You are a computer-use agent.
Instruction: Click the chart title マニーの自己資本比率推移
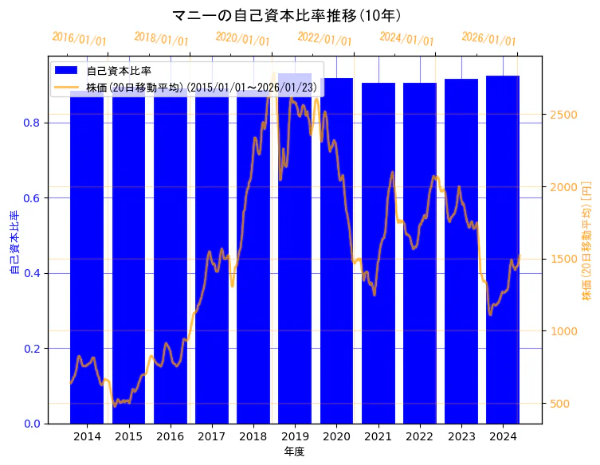coord(287,15)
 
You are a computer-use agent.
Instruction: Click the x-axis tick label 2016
coord(170,436)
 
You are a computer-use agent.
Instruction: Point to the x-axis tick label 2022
coord(419,436)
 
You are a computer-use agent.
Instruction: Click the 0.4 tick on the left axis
coord(31,273)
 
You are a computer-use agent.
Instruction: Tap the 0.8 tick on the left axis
coord(31,123)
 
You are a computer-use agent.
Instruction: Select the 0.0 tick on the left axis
coord(31,424)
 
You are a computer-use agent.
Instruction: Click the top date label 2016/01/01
coord(80,38)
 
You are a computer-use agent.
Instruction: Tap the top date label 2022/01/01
coord(324,38)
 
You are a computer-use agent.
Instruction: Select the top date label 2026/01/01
coord(488,39)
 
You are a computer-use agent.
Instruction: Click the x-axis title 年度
coord(294,451)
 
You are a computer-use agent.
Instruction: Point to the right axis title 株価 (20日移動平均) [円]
coord(587,240)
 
